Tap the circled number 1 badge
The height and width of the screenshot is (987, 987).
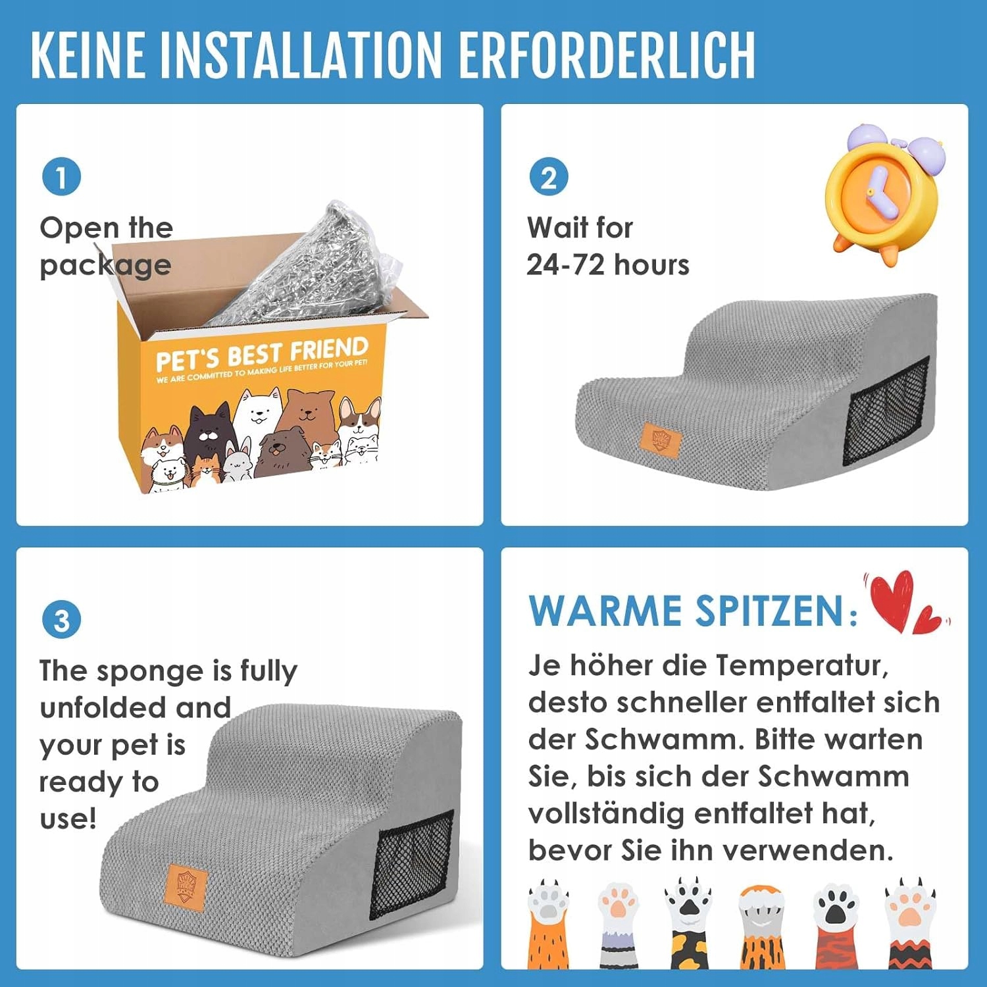tap(61, 176)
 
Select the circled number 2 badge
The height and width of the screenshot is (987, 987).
tap(549, 176)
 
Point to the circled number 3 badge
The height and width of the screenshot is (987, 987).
tap(61, 619)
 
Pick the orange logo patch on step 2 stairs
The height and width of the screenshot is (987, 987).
tap(660, 439)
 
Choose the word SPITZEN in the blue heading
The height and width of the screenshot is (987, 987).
tap(770, 610)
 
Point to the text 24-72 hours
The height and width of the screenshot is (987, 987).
tap(608, 265)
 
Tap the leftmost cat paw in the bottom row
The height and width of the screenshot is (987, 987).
tap(549, 924)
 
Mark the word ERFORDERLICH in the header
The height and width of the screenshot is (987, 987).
tap(607, 55)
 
